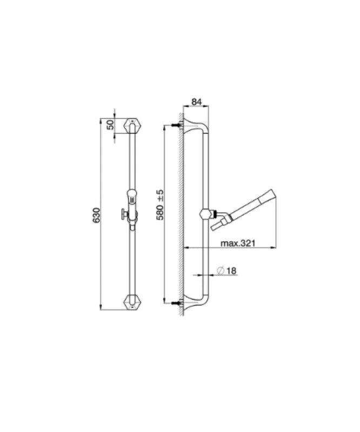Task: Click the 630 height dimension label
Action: (x=96, y=214)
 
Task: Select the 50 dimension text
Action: (x=110, y=124)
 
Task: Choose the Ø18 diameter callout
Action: (x=226, y=271)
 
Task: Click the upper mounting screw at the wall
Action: (x=175, y=126)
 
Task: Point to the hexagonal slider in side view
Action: (x=204, y=213)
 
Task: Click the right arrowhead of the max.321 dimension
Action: (x=275, y=247)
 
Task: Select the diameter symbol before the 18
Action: (x=220, y=271)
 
